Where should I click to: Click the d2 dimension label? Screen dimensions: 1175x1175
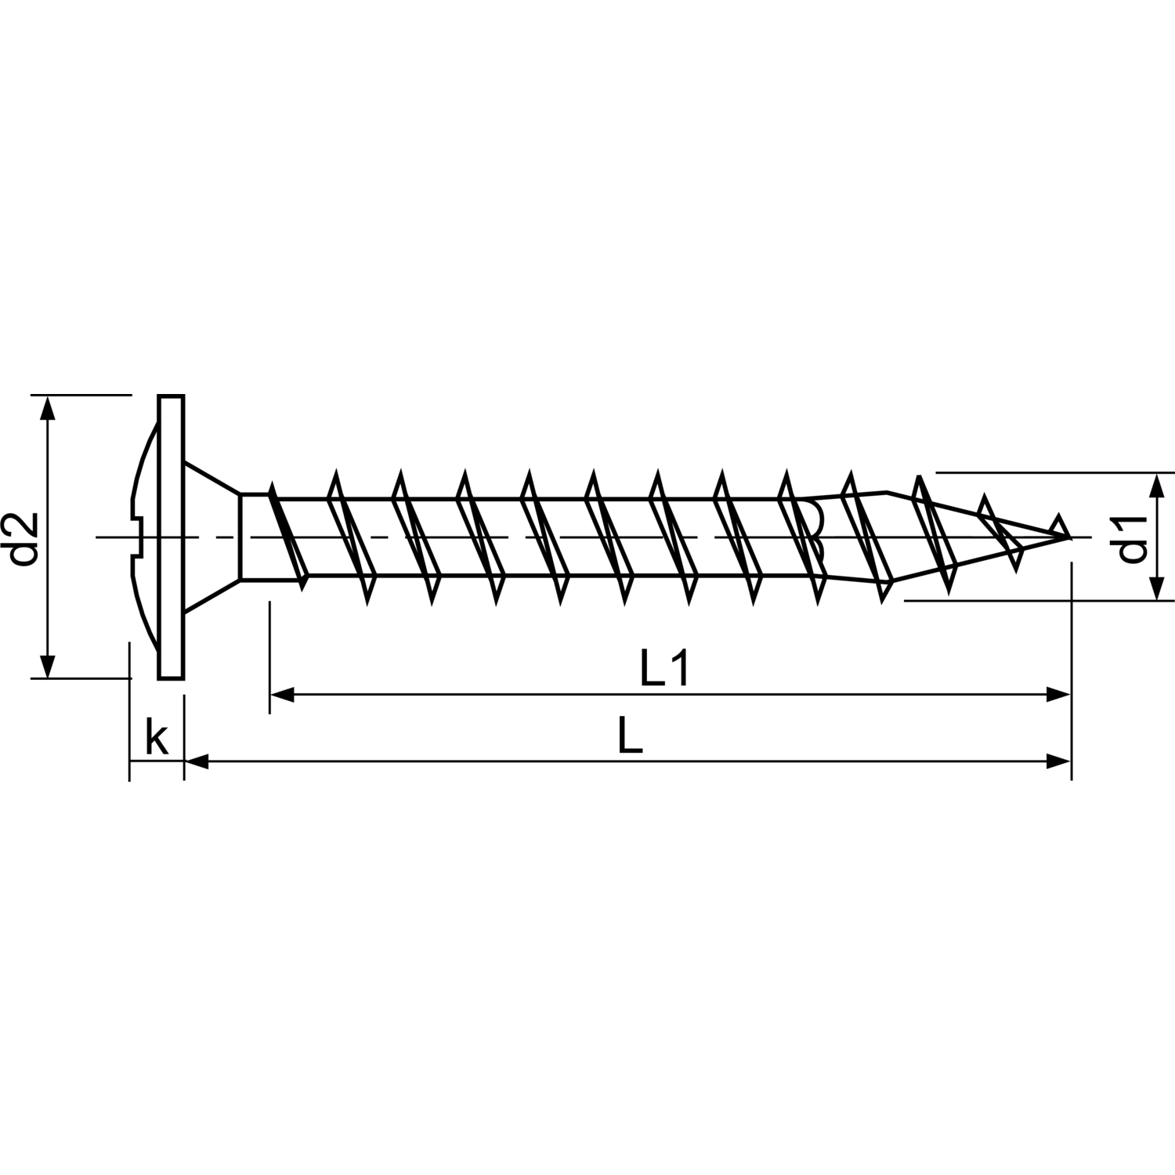click(26, 538)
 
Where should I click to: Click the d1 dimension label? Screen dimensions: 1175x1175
click(1133, 538)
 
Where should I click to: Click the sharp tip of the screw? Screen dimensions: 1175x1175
click(1069, 537)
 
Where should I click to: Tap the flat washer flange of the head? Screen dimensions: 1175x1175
click(171, 537)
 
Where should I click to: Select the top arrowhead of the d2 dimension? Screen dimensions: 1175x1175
click(49, 407)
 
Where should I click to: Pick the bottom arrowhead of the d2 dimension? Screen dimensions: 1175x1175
click(49, 665)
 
